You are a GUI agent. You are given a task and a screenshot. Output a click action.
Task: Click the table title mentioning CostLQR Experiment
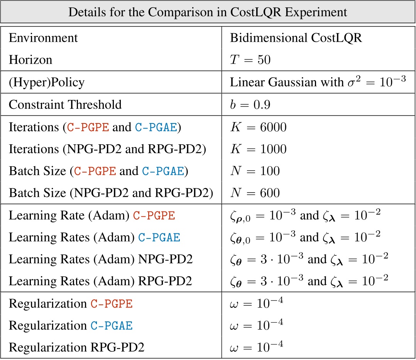[208, 12]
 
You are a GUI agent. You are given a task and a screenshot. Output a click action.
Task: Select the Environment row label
[43, 38]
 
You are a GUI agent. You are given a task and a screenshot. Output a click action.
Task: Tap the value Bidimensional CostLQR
[296, 38]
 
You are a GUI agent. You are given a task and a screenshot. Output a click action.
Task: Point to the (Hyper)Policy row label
[47, 82]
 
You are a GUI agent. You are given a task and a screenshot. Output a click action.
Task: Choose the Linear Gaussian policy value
[318, 82]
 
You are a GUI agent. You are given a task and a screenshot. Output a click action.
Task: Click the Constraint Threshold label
[65, 105]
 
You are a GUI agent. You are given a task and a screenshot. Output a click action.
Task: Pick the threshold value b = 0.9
[250, 105]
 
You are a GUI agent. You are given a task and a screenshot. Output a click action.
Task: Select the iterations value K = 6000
[258, 127]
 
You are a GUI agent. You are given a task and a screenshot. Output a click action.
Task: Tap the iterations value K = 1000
[258, 149]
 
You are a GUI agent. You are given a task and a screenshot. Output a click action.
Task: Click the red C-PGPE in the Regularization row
[112, 304]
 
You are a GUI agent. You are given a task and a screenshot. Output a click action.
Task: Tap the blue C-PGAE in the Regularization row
[112, 326]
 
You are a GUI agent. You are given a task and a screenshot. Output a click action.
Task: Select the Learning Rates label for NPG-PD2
[101, 259]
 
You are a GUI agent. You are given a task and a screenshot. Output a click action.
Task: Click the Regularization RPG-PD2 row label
[76, 348]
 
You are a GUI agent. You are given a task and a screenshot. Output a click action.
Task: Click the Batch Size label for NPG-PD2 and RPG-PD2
[111, 193]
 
